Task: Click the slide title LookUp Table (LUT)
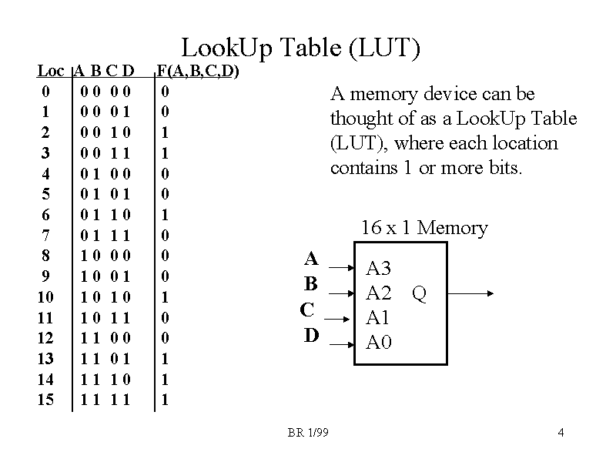coord(300,49)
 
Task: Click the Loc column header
coord(50,72)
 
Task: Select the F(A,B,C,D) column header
coord(198,72)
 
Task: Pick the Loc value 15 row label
coord(46,400)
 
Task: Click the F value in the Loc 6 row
coord(165,214)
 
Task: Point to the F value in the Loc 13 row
coord(165,359)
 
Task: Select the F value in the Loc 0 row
coord(165,91)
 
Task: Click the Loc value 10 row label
coord(46,296)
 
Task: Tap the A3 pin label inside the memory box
coord(378,269)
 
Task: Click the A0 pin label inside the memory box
coord(378,342)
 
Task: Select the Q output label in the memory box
coord(420,293)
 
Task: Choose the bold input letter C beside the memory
coord(307,310)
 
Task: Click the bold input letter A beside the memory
coord(311,259)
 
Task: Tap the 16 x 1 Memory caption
coord(424,228)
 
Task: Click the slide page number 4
coord(561,433)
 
